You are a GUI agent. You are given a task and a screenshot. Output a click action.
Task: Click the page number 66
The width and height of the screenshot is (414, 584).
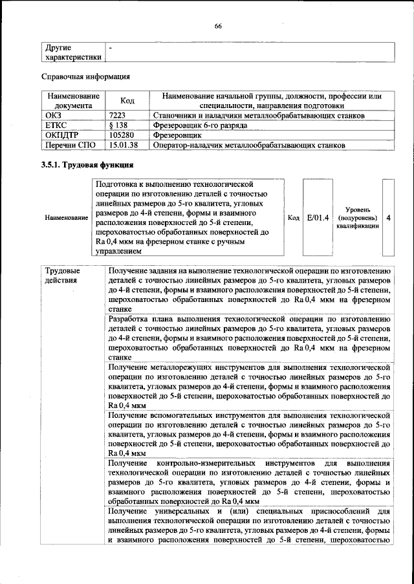[x=218, y=26]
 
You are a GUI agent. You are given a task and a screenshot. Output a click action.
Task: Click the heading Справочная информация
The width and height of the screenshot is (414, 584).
[x=86, y=77]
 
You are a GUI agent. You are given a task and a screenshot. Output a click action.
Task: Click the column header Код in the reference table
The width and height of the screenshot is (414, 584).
[x=127, y=101]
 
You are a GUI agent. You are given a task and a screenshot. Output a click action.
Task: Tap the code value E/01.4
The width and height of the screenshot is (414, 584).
[x=318, y=218]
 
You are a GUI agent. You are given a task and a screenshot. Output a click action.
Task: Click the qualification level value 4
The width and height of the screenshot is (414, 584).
[x=388, y=218]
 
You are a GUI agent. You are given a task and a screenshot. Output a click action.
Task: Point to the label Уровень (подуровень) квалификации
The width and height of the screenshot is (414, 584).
[x=358, y=219]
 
